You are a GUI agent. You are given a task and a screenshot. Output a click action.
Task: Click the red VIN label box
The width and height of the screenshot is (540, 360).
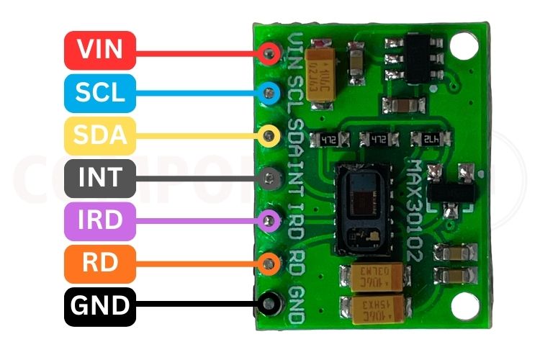coord(99,50)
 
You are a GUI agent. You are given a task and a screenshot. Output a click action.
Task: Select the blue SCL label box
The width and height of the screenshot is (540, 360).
coord(99,92)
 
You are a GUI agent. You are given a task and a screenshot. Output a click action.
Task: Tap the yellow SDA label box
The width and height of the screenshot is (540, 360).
coord(99,135)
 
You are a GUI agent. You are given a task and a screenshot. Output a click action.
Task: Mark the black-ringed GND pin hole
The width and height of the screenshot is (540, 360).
coord(270,304)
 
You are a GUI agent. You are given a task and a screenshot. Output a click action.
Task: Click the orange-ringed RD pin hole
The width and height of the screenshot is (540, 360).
coord(270,263)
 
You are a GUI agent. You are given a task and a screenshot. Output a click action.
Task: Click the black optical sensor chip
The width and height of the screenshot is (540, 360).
coord(364,209)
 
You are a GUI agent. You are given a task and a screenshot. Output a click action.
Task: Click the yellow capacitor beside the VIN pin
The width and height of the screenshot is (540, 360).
coord(322,73)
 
